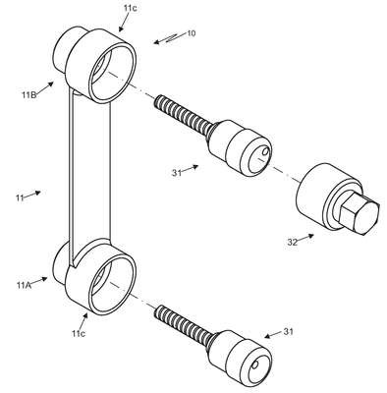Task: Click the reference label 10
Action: (192, 33)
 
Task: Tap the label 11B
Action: (28, 95)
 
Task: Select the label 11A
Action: (24, 285)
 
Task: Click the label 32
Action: (293, 242)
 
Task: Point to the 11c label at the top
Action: (131, 9)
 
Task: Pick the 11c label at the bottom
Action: (79, 333)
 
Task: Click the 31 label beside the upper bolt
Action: (177, 173)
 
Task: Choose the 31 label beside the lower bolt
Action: (288, 332)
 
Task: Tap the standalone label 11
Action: (20, 197)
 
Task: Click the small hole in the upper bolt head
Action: (265, 152)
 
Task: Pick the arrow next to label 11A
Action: (39, 281)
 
